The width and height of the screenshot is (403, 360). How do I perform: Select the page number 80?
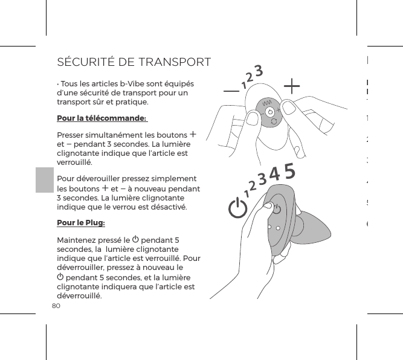[56, 306]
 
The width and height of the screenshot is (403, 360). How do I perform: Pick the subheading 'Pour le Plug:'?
[80, 223]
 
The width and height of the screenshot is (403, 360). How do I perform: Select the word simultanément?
[120, 135]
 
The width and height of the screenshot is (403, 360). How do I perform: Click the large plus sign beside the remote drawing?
[291, 86]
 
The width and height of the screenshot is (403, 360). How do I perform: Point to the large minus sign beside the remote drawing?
[230, 91]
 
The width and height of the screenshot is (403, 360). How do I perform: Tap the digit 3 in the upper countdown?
[258, 71]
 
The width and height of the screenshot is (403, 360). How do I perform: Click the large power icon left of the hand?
[237, 210]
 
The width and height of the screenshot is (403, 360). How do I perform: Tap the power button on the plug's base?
[276, 210]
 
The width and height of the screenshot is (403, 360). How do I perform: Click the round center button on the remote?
[271, 112]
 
